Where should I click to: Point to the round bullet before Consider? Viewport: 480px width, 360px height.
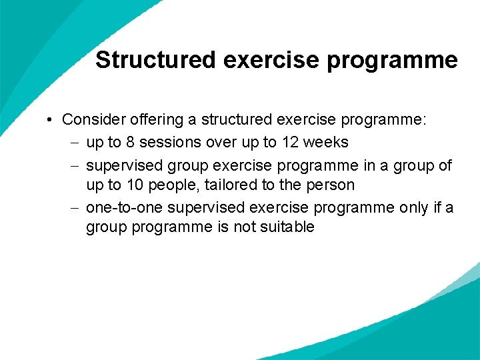click(x=51, y=121)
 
